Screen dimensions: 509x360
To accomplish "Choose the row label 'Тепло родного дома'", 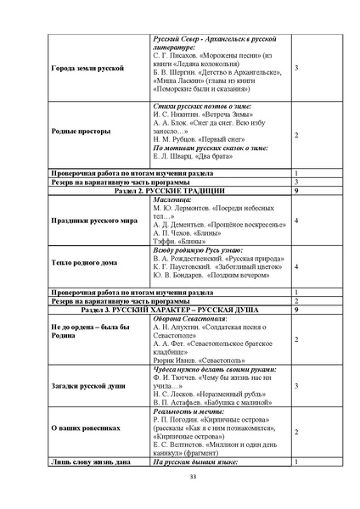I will [x=83, y=266].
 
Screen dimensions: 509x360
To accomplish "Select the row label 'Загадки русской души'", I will [x=87, y=385].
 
